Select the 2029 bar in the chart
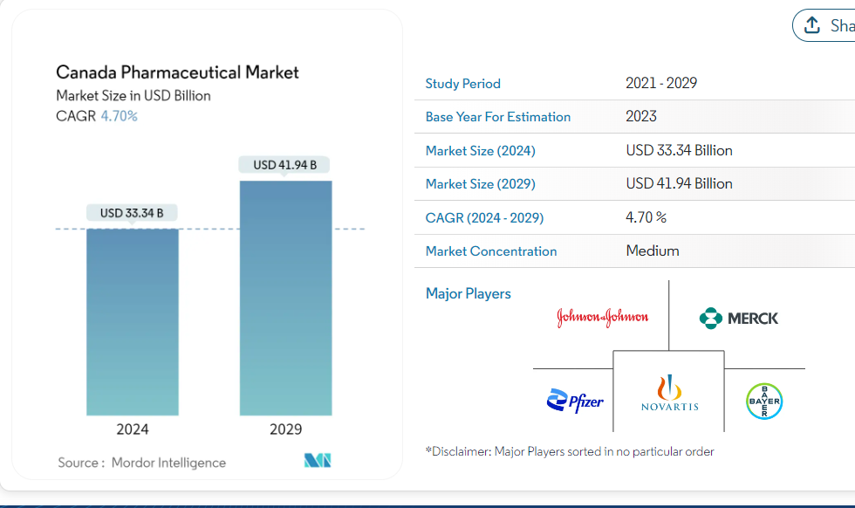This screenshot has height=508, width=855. point(285,298)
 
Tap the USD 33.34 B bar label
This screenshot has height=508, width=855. point(132,212)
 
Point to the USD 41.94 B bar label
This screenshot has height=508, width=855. point(285,165)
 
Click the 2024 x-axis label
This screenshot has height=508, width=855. point(133,429)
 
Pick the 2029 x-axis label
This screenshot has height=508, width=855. point(285,429)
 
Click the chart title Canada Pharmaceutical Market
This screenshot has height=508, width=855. point(177,72)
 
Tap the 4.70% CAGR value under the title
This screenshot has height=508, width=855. point(119,116)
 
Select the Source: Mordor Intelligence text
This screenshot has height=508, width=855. point(141,463)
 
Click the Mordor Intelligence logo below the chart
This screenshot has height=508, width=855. point(318,461)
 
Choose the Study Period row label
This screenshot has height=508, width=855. point(463,84)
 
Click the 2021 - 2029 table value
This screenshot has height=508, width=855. point(661,84)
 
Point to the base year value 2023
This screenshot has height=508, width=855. point(641,116)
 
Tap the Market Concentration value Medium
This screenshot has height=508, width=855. point(653,251)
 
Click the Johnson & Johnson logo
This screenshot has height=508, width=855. point(602,317)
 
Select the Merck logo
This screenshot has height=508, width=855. point(739,318)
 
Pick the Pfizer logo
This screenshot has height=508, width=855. point(575,402)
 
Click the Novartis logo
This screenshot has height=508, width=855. point(669,394)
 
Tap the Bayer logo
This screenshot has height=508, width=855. point(764,402)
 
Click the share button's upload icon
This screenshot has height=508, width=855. point(812,24)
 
